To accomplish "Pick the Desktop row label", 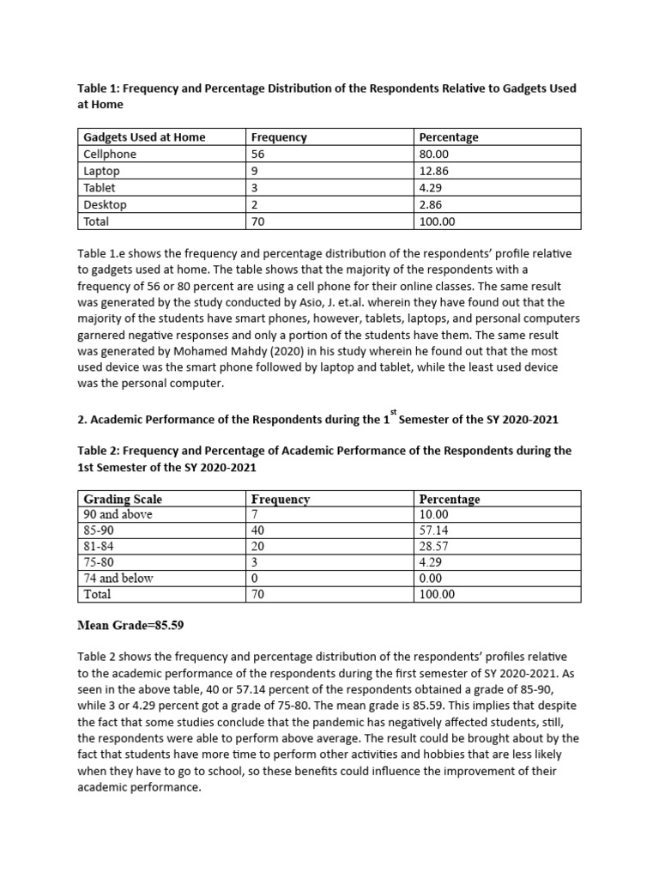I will click(x=105, y=204).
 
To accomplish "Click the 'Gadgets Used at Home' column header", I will click(x=144, y=137).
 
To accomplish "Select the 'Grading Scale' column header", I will click(x=123, y=499).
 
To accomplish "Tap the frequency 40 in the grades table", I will click(x=258, y=530).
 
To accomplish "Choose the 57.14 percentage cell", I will click(x=433, y=530).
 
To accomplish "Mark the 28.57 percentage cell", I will click(x=433, y=546).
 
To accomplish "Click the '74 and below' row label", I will click(x=118, y=578).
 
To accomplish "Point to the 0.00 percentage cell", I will click(x=430, y=578).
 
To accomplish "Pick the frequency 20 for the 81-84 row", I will click(x=258, y=546).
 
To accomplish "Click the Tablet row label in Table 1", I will click(x=100, y=188).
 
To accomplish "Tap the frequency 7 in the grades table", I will click(x=255, y=514).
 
